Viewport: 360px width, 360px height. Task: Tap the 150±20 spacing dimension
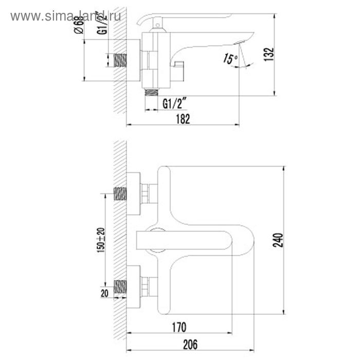[x=101, y=240]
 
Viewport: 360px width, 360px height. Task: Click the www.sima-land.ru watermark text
[x=66, y=16]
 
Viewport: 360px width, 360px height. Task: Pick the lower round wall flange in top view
[x=133, y=286]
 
